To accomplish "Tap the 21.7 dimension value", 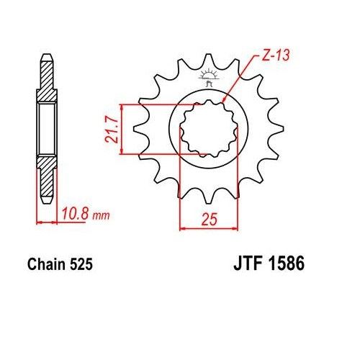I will coord(111,130).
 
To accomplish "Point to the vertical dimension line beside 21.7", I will coord(124,128).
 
